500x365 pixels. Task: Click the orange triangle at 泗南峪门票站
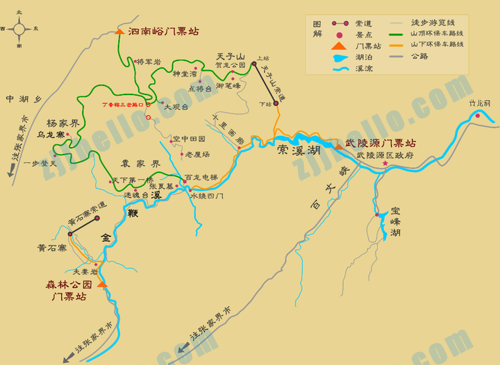click(x=119, y=32)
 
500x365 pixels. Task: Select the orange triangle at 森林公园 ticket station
click(x=102, y=284)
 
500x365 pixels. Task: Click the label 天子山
click(x=231, y=56)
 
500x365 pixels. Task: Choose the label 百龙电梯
click(x=201, y=178)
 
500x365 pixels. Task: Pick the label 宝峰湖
click(x=395, y=221)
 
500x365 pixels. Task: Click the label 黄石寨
click(x=52, y=247)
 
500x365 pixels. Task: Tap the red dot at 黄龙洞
click(x=478, y=115)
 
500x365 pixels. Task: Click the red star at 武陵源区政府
click(x=385, y=163)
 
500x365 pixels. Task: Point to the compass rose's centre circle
click(x=19, y=29)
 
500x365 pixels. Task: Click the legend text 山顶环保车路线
click(x=437, y=33)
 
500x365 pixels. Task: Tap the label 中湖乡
click(x=24, y=99)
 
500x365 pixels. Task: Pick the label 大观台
click(x=176, y=107)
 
